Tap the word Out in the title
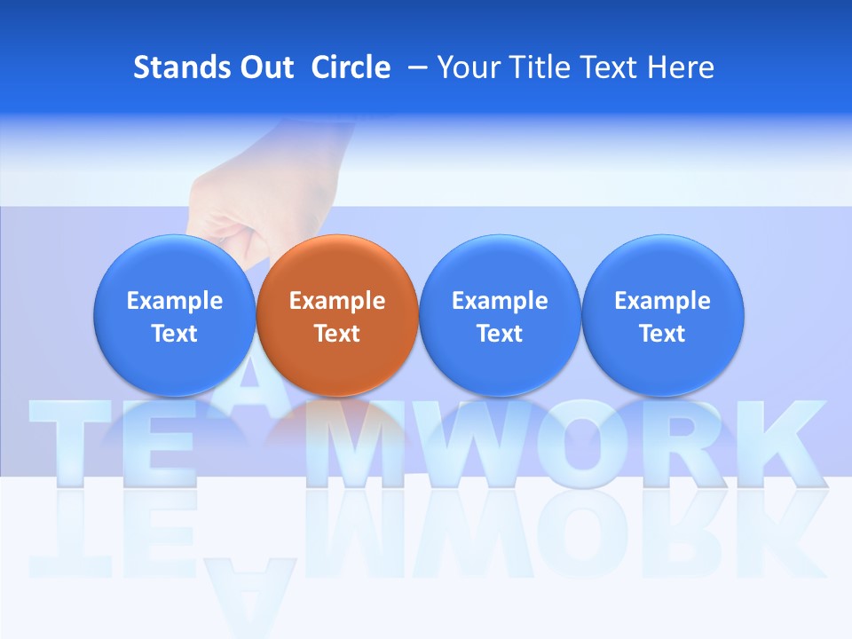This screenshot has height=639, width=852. click(264, 67)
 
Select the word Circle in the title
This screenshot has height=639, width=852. click(351, 67)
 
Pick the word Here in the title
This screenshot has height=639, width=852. click(681, 67)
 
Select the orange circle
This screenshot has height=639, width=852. click(337, 315)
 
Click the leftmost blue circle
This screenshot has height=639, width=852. click(175, 315)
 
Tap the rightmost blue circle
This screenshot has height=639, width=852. click(662, 315)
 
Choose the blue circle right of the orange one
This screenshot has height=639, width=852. click(500, 315)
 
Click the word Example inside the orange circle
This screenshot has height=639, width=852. click(337, 301)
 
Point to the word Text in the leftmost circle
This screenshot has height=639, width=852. click(175, 334)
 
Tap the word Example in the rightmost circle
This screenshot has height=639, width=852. click(662, 301)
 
